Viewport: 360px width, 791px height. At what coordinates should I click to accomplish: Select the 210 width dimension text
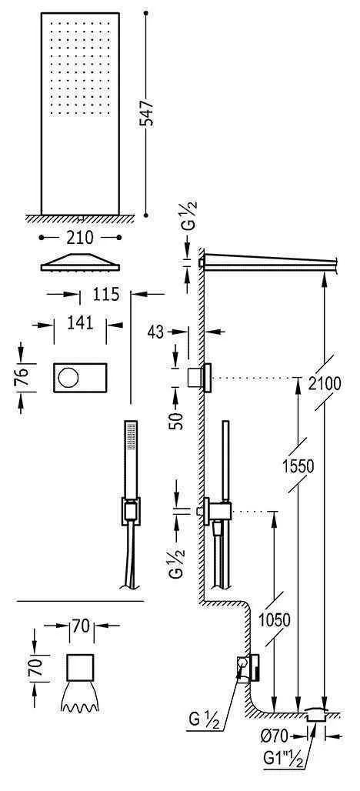pyautogui.click(x=80, y=236)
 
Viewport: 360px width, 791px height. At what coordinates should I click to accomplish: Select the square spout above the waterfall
pyautogui.click(x=81, y=666)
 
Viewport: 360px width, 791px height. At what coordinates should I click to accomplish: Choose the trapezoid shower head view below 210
pyautogui.click(x=80, y=262)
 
